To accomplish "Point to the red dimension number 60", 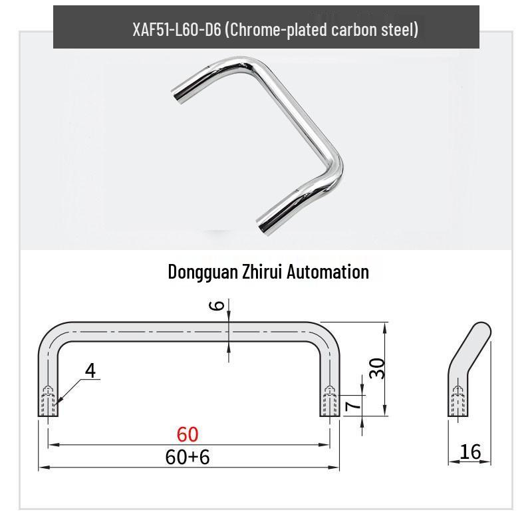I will tap(188, 434).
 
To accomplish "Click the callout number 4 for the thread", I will tap(90, 371).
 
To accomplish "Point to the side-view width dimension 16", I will tap(469, 452).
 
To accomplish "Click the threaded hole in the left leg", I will tap(48, 401).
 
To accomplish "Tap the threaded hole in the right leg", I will tap(330, 401).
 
